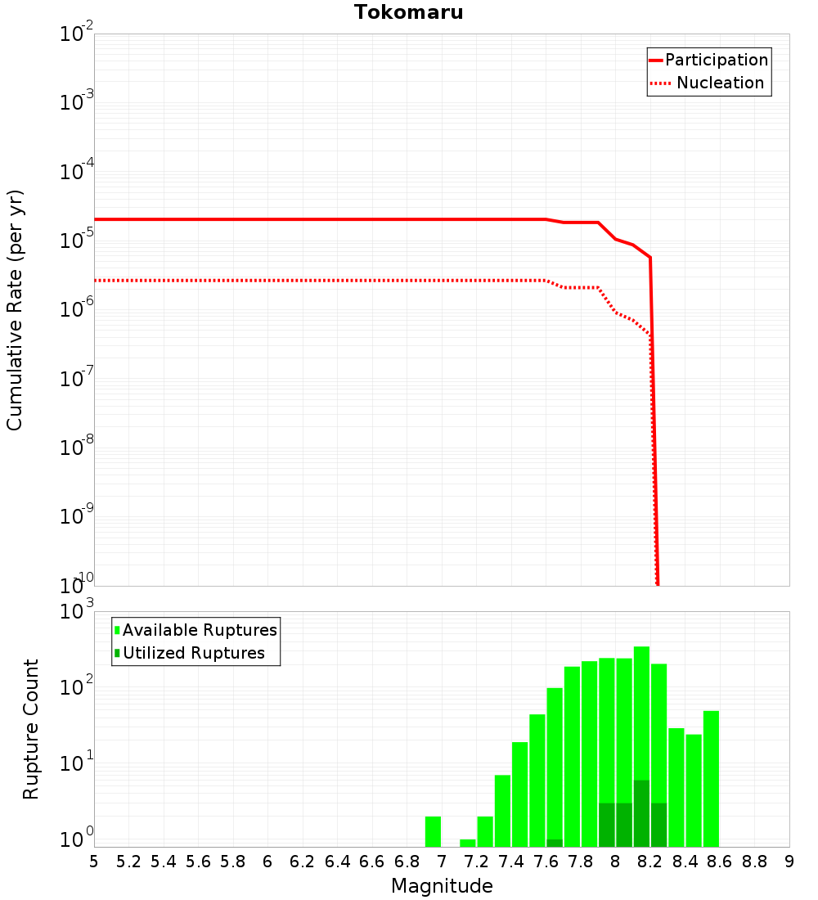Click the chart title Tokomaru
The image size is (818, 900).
coord(408,12)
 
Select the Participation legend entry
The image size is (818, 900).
coord(716,61)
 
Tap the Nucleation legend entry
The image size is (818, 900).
coord(720,83)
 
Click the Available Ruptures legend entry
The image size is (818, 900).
coord(200,630)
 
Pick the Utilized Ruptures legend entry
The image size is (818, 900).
coord(193,653)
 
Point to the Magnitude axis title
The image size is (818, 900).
coord(442,886)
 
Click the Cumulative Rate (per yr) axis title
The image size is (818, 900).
coord(15,309)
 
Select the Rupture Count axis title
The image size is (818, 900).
coord(31,729)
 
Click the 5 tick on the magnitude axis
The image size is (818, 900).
coord(94,862)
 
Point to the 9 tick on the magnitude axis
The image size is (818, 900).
coord(789,862)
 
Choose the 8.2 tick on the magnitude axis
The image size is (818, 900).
coord(650,862)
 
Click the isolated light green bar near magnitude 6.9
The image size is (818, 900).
coord(434,831)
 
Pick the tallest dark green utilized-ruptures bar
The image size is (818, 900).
coord(641,813)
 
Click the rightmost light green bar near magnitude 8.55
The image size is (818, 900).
coord(711,778)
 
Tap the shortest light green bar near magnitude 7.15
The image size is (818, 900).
coord(468,843)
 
